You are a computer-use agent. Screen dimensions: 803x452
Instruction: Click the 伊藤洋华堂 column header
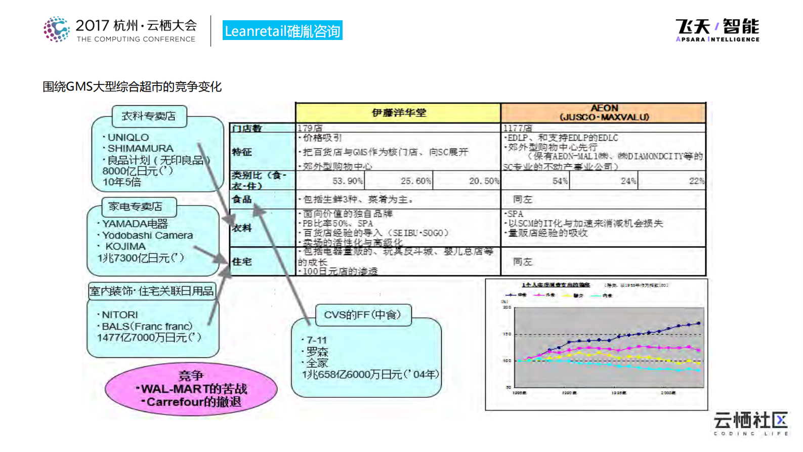[x=398, y=113]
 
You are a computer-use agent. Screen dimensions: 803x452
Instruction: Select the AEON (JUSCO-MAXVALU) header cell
[x=604, y=112]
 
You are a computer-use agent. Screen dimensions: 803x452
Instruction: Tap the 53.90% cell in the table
[x=347, y=181]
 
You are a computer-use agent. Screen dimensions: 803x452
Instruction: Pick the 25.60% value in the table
[x=415, y=181]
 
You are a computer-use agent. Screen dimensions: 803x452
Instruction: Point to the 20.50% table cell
[x=484, y=181]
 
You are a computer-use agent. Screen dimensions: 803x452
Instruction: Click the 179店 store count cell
[x=310, y=128]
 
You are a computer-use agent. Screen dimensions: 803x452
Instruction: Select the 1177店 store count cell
[x=517, y=128]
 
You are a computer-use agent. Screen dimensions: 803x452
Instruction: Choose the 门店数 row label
[x=247, y=129]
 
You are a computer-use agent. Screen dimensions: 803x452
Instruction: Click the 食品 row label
[x=242, y=199]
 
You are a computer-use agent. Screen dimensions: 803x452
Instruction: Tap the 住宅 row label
[x=242, y=262]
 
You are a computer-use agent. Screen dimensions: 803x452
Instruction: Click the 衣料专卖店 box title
[x=149, y=116]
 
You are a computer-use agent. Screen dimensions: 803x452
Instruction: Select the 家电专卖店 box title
[x=136, y=207]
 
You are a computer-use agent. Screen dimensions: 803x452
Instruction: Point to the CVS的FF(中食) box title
[x=362, y=315]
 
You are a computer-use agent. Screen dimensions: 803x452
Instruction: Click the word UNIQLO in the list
[x=128, y=137]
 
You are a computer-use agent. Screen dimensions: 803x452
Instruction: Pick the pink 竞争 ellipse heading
[x=191, y=376]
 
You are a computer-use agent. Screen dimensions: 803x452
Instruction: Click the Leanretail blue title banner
[x=282, y=31]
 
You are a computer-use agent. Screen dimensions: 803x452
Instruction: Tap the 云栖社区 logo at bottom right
[x=750, y=423]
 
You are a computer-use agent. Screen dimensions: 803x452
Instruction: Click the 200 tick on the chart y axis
[x=507, y=307]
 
